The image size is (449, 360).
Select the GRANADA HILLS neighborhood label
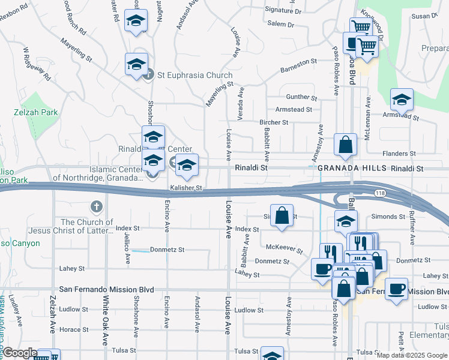pyautogui.click(x=352, y=169)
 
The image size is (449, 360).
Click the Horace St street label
pyautogui.click(x=74, y=329)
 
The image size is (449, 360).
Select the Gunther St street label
pyautogui.click(x=301, y=97)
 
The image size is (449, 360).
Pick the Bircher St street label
pyautogui.click(x=274, y=122)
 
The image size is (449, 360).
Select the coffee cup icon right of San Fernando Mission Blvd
pyautogui.click(x=396, y=289)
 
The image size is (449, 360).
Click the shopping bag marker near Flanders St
pyautogui.click(x=346, y=145)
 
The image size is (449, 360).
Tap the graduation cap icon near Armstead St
pyautogui.click(x=402, y=99)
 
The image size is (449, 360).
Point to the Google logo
pyautogui.click(x=20, y=353)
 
